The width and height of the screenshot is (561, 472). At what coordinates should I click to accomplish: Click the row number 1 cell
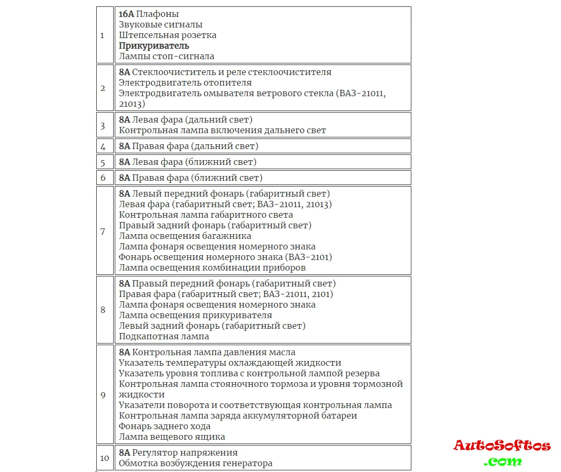102,35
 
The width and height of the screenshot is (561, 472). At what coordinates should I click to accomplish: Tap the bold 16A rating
126,14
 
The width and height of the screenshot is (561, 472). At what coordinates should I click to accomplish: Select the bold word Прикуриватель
154,45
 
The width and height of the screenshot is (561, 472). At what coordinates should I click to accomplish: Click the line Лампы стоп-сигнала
167,56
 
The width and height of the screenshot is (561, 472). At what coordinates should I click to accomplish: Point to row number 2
103,88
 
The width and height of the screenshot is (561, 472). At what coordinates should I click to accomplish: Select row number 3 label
103,125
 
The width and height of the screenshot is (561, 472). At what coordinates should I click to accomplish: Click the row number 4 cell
103,146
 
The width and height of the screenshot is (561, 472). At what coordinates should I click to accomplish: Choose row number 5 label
103,162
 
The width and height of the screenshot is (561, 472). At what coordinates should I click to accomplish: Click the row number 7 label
103,231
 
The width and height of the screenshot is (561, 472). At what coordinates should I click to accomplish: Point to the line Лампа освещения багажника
185,236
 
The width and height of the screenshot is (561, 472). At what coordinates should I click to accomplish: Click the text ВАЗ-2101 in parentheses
308,257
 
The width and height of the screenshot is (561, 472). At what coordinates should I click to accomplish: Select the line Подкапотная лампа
164,336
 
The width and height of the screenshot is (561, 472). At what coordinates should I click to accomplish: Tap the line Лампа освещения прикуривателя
196,315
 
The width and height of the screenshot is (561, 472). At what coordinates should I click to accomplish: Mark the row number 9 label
103,395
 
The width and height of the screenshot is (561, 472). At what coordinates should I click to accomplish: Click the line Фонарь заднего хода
164,426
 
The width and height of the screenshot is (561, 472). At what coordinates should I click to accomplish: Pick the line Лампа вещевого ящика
172,437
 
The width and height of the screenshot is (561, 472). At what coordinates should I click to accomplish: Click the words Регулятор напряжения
185,452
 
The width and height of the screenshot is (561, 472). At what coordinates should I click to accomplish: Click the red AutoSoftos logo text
502,446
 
